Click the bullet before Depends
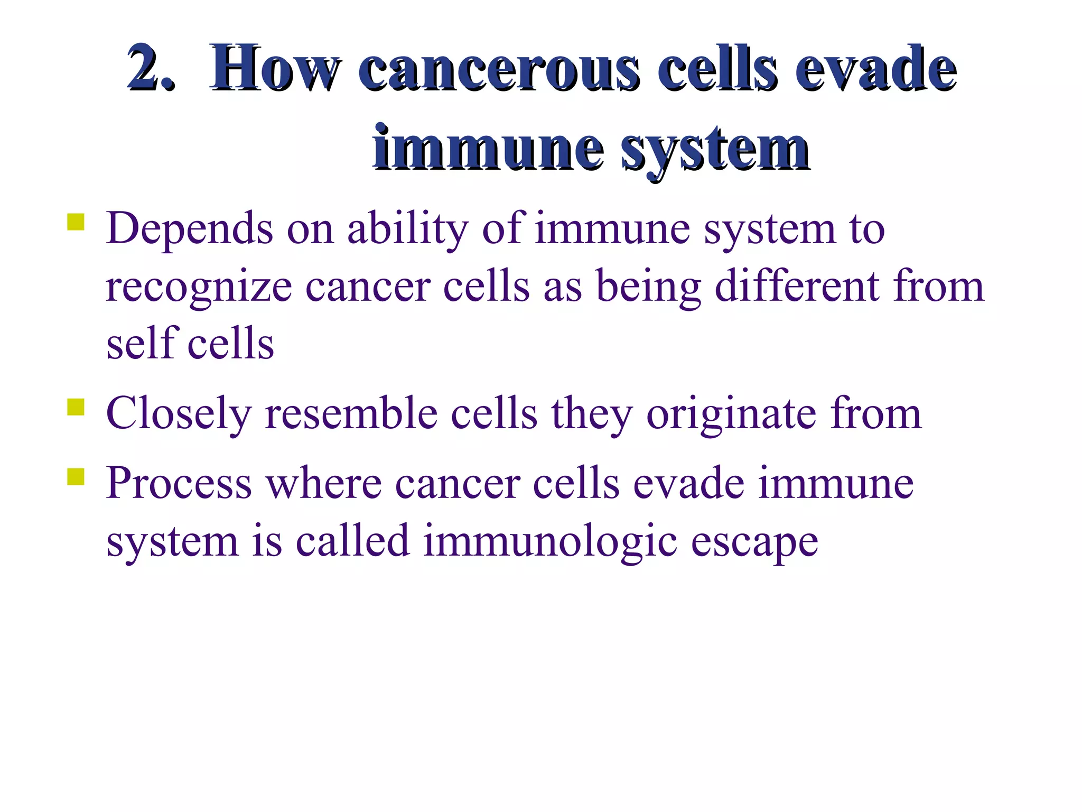(76, 222)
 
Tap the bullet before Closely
(76, 408)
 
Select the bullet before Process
(76, 476)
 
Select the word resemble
(351, 413)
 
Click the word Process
(179, 483)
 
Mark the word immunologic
(549, 541)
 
